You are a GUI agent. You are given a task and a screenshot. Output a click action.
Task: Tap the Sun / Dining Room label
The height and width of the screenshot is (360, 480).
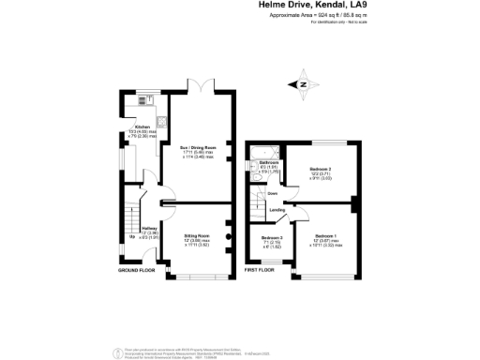coord(199,148)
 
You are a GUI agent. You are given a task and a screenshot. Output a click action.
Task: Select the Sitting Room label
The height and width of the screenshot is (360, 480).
coord(196,235)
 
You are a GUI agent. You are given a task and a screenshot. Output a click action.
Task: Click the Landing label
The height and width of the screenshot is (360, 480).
coord(277,210)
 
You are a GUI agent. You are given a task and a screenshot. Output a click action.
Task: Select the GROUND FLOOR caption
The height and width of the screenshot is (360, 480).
coord(137,270)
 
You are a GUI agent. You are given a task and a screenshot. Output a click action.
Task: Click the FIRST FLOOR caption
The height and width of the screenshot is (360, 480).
coord(262,270)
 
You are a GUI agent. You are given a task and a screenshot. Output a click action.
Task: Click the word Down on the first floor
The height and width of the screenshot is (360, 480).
coord(272,194)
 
